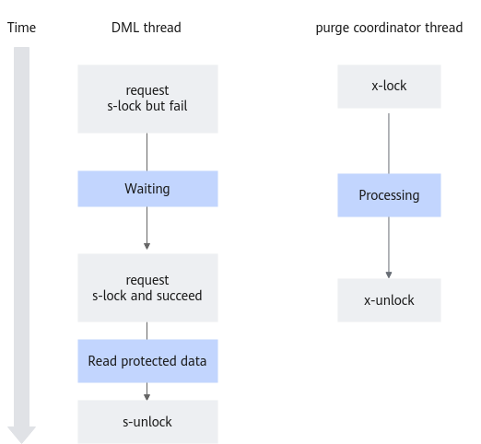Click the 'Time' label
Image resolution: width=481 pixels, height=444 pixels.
pyautogui.click(x=21, y=28)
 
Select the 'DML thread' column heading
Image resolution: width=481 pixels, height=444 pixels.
pyautogui.click(x=147, y=28)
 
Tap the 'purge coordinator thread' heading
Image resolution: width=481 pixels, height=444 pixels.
pyautogui.click(x=389, y=28)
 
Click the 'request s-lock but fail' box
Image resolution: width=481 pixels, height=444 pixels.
pyautogui.click(x=147, y=99)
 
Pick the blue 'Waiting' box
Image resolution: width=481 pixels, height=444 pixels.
pyautogui.click(x=147, y=189)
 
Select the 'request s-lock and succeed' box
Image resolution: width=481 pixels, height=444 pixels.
pyautogui.click(x=147, y=287)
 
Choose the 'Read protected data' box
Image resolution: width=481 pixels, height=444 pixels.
pyautogui.click(x=147, y=361)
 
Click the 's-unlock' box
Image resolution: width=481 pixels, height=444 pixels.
pyautogui.click(x=147, y=422)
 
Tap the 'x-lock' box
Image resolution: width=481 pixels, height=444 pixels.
pyautogui.click(x=389, y=87)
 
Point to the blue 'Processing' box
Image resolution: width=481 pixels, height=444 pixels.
pyautogui.click(x=389, y=195)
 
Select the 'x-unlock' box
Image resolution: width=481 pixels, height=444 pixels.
pyautogui.click(x=389, y=300)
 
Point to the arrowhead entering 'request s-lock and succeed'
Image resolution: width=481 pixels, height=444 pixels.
pyautogui.click(x=147, y=246)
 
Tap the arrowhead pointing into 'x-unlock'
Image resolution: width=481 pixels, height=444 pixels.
pyautogui.click(x=389, y=275)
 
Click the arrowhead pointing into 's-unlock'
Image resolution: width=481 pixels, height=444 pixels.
pyautogui.click(x=147, y=397)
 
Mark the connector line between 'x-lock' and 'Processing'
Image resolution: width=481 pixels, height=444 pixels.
pyautogui.click(x=389, y=144)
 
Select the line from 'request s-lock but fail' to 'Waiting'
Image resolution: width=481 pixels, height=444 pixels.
pyautogui.click(x=147, y=152)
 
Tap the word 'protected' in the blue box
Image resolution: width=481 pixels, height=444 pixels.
pyautogui.click(x=148, y=362)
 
